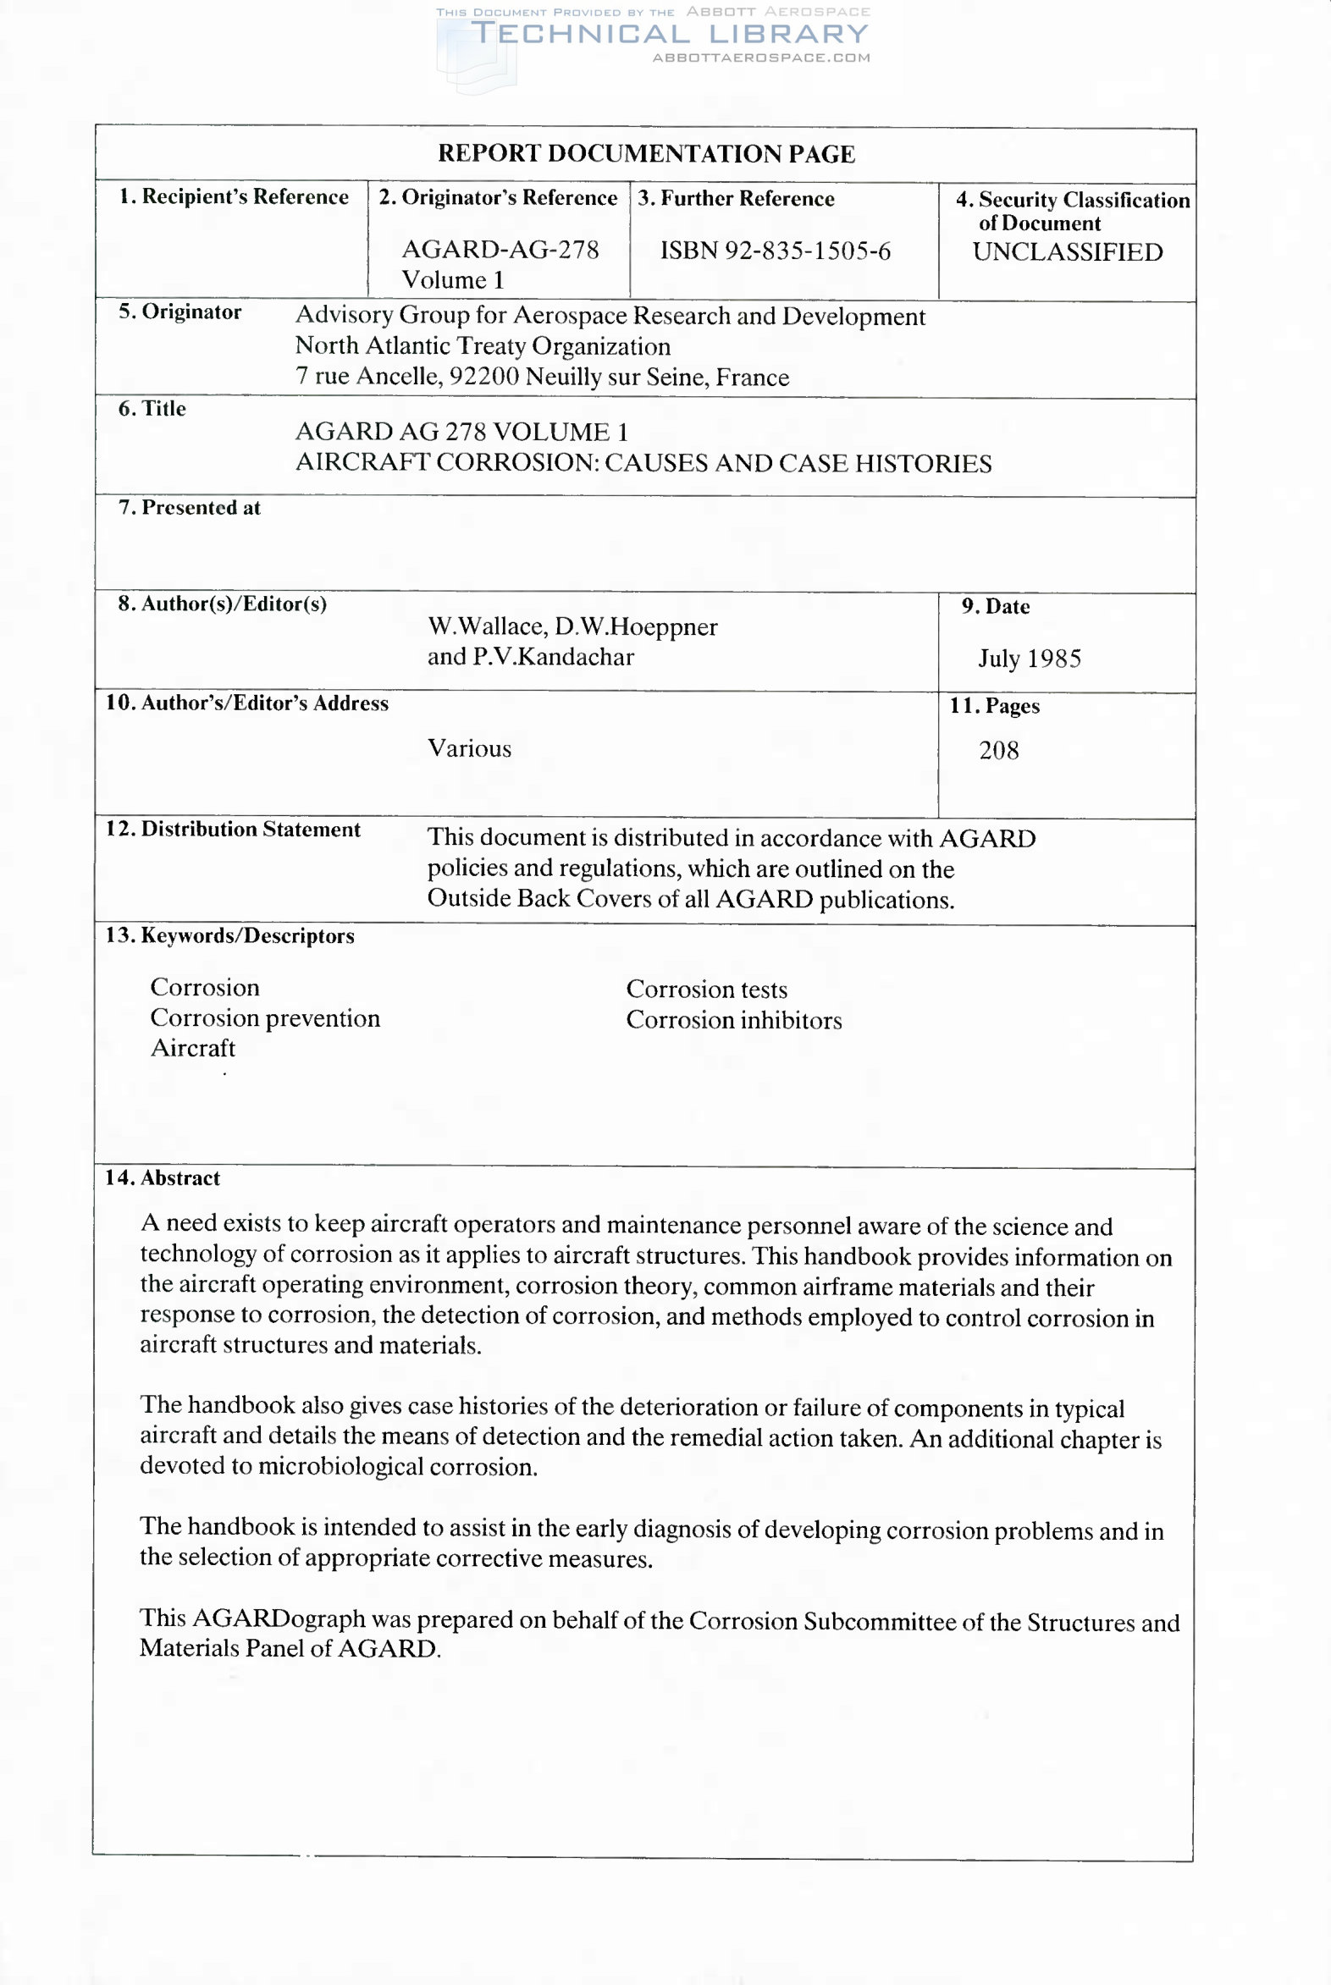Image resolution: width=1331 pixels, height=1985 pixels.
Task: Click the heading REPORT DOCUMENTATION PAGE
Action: point(646,153)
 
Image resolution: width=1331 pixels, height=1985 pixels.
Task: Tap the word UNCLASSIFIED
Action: point(1067,252)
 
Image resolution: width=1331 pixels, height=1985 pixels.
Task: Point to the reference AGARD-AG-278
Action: point(500,250)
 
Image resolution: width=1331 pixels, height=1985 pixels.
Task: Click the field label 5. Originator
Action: point(180,312)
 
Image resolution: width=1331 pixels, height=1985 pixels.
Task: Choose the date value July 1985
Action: point(1029,659)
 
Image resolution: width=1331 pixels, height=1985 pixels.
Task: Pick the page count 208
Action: point(998,750)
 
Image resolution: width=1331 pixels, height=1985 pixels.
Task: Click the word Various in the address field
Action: point(469,748)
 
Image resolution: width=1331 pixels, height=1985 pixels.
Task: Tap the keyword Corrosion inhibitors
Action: point(733,1020)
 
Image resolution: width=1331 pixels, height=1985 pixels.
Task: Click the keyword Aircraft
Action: point(193,1048)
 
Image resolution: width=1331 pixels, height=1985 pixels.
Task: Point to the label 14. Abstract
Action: point(162,1178)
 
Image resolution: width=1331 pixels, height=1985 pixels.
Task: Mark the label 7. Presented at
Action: point(190,508)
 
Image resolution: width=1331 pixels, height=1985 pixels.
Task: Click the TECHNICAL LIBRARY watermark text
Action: point(670,34)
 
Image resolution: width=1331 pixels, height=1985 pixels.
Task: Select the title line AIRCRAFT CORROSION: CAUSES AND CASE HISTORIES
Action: point(643,463)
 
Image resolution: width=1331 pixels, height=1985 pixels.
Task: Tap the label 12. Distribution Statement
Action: point(233,830)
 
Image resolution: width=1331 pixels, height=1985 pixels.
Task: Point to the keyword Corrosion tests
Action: point(706,990)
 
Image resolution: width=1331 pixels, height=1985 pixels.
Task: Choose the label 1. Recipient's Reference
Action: point(234,197)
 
